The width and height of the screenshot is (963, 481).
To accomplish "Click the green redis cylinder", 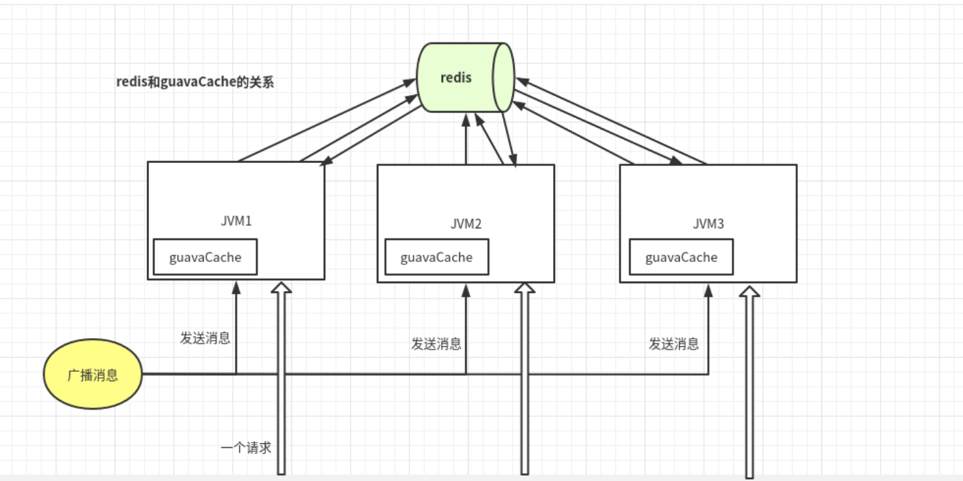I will coord(465,77).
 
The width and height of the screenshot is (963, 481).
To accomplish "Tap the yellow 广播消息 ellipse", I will coord(93,375).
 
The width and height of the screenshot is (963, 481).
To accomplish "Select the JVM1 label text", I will coord(236,220).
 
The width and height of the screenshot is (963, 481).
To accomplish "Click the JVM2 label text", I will coord(465,224).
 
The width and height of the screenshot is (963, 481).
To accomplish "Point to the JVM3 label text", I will coord(708,224).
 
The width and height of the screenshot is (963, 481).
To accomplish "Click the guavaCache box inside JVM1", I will coord(205,257).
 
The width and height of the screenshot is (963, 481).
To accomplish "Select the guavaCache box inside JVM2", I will coord(436,257).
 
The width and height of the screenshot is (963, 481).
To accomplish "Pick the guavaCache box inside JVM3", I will coord(681,257).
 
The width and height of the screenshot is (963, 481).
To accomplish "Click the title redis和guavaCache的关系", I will coord(195,82).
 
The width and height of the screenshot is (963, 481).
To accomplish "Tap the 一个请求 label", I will coord(245,447).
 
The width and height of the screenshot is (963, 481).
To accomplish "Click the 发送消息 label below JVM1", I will coord(205,338).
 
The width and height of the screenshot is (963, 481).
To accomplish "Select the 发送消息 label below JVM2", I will coord(436,344).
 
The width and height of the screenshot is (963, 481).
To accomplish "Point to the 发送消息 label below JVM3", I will coord(674,344).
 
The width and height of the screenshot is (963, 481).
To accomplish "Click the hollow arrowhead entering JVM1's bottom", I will coord(281,288).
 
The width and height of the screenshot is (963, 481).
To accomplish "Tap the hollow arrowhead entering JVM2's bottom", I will coord(524,288).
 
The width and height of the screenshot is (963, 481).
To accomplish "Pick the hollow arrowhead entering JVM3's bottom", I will coord(749,291).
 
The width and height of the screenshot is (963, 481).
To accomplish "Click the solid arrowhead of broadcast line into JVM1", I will coord(236,287).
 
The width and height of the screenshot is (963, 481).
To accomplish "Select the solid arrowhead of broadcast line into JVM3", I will coord(708,290).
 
